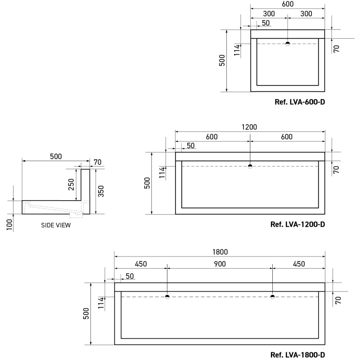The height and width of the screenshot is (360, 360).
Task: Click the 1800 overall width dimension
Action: click(x=220, y=252)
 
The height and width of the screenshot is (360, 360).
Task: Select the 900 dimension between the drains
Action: click(x=220, y=264)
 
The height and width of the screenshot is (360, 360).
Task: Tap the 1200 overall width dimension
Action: click(x=250, y=127)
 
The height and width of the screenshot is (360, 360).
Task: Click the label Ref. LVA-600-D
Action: click(x=300, y=102)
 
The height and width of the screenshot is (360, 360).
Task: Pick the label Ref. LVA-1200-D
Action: click(x=297, y=224)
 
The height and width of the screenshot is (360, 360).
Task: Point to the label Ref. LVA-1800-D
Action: click(x=297, y=355)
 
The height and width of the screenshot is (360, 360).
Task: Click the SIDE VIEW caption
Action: click(x=55, y=225)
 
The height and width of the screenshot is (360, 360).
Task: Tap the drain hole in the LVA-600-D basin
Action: click(x=288, y=44)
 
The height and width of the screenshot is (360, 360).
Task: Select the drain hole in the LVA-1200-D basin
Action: click(x=250, y=166)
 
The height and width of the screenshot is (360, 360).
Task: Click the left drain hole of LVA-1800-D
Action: click(x=167, y=297)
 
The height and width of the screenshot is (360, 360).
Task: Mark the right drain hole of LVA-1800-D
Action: click(x=272, y=297)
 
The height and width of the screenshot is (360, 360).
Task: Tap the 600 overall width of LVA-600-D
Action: click(x=288, y=4)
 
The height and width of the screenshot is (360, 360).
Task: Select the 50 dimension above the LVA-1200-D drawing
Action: click(x=190, y=145)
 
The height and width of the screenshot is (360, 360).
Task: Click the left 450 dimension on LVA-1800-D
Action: click(x=140, y=264)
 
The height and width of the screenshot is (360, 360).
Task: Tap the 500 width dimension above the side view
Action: click(x=56, y=157)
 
